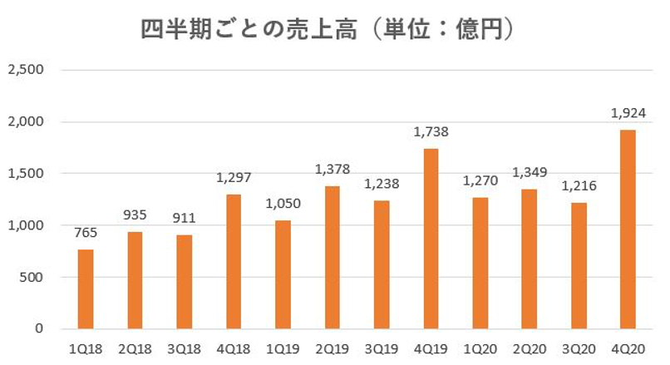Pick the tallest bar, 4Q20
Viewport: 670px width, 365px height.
pos(627,229)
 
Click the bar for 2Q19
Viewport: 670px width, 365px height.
pos(332,258)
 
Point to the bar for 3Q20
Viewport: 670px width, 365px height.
pos(578,266)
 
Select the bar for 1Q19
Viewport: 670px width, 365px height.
pos(283,274)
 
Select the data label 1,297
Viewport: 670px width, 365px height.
pos(234,178)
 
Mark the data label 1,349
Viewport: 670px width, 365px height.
pos(529,173)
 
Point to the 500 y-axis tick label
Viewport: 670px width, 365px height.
pos(32,277)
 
